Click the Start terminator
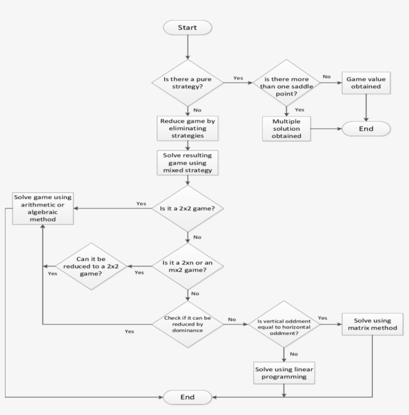click(187, 27)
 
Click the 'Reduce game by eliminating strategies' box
click(187, 128)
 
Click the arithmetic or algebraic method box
click(43, 208)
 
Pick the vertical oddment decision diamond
click(284, 324)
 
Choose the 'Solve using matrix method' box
click(372, 324)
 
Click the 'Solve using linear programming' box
click(284, 372)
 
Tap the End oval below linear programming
click(187, 397)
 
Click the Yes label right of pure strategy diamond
click(237, 78)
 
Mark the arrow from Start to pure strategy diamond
click(187, 47)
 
